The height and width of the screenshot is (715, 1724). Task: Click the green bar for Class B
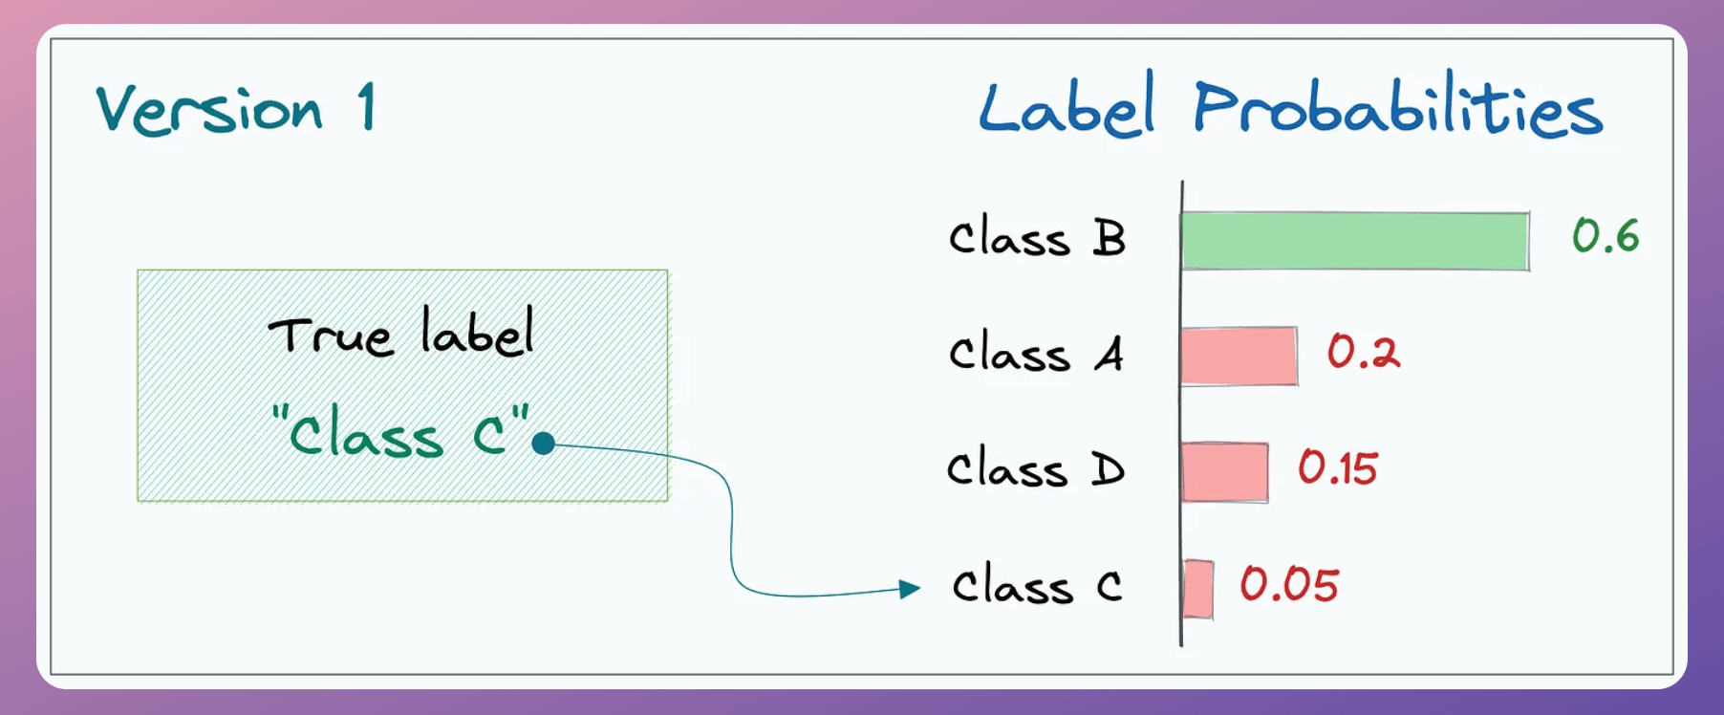[x=1355, y=241]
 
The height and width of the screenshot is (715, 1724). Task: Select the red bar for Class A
[x=1239, y=356]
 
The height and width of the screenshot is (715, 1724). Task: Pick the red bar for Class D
[x=1225, y=472]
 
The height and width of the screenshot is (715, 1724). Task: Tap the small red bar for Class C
[x=1198, y=589]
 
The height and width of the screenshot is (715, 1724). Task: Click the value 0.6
[x=1605, y=235]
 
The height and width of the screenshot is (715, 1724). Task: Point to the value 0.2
[x=1363, y=352]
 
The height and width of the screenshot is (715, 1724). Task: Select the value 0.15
[x=1337, y=468]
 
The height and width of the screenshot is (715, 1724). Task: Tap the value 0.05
[x=1289, y=584]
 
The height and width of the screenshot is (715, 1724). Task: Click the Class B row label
[x=1037, y=237]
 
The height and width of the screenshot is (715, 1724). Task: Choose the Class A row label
[x=1036, y=353]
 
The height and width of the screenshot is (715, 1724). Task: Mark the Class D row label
[x=1036, y=469]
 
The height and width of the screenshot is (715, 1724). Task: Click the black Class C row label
[x=1037, y=585]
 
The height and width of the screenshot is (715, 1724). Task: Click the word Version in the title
[x=209, y=109]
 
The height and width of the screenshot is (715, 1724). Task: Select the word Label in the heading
[x=1067, y=105]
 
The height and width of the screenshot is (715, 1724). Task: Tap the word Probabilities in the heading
[x=1398, y=105]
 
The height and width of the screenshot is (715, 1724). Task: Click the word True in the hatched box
[x=330, y=336]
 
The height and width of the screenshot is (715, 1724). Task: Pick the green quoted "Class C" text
[x=400, y=431]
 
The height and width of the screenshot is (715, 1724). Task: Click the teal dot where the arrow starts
[x=544, y=444]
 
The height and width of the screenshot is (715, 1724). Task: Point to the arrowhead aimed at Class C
[x=910, y=589]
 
